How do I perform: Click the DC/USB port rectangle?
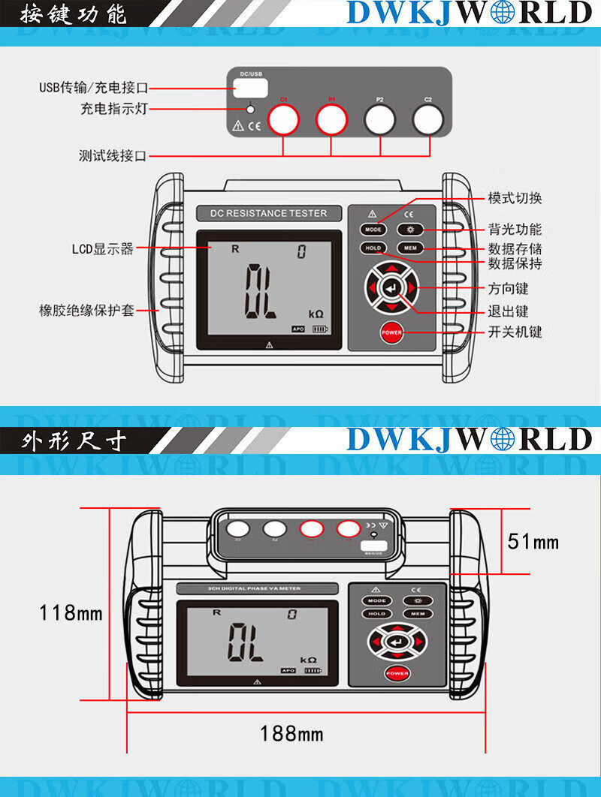[x=254, y=87]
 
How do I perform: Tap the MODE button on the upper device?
[x=373, y=230]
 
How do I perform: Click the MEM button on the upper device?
[x=410, y=248]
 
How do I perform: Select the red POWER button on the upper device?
[x=391, y=332]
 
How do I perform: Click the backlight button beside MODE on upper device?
[x=410, y=230]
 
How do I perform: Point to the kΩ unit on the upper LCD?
[x=317, y=314]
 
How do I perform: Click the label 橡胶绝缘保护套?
[x=86, y=310]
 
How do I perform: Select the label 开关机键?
[x=515, y=332]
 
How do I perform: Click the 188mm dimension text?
[x=291, y=732]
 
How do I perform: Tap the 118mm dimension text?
[x=71, y=613]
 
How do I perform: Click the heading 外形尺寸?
[x=74, y=441]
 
